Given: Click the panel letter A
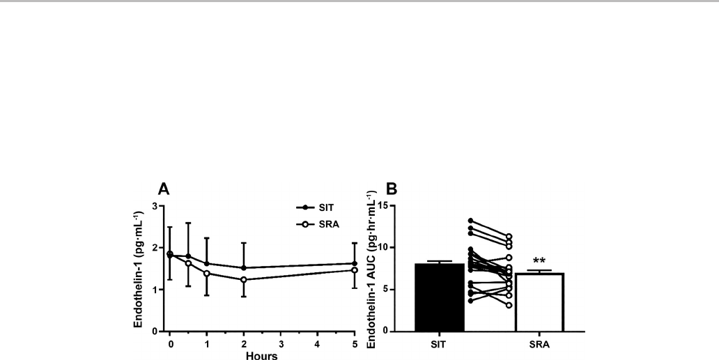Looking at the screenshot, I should [x=164, y=189].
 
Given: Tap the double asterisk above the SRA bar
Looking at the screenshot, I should [x=539, y=261].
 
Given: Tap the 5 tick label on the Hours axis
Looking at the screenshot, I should [x=355, y=343].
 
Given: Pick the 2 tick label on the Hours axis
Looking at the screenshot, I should [x=244, y=343].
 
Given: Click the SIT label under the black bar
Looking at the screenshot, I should [x=439, y=343].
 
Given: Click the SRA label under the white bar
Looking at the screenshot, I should [x=539, y=343].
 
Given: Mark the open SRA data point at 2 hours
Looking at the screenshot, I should [x=244, y=280].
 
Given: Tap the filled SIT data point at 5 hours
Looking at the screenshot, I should [x=355, y=264].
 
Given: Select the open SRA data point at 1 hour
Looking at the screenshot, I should [x=207, y=274].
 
